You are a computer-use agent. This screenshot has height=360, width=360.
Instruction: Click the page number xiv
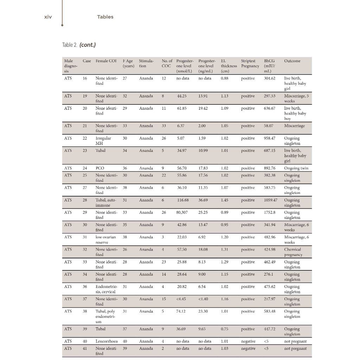(48, 17)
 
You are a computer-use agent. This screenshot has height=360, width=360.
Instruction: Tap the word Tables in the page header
(105, 17)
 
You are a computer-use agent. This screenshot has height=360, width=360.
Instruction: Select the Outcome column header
(292, 61)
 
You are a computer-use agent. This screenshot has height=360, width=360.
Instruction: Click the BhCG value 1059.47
(270, 200)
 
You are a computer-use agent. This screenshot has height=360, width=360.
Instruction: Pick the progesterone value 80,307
(184, 212)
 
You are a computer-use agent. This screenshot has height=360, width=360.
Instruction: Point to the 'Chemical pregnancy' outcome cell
(293, 252)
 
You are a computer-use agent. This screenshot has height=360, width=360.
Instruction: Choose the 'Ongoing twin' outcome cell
(296, 168)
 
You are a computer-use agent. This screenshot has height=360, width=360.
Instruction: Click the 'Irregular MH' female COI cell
(103, 141)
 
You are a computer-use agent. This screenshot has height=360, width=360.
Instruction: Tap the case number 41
(85, 348)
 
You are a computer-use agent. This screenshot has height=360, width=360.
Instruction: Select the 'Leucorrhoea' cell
(106, 341)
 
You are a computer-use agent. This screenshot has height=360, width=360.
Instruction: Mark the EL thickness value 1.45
(225, 200)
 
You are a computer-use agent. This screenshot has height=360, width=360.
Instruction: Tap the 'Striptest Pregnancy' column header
(250, 63)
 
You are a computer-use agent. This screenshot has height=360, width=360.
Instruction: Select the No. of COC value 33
(164, 126)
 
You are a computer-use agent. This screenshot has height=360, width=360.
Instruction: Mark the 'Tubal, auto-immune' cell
(106, 202)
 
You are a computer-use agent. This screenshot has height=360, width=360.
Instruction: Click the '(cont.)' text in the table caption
(88, 45)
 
